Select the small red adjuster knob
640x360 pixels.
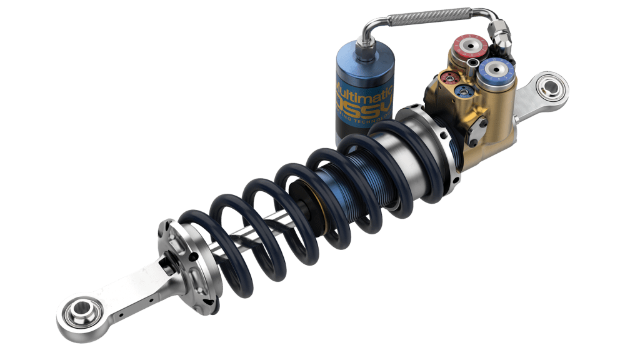click(447, 78)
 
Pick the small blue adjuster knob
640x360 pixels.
click(463, 92)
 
